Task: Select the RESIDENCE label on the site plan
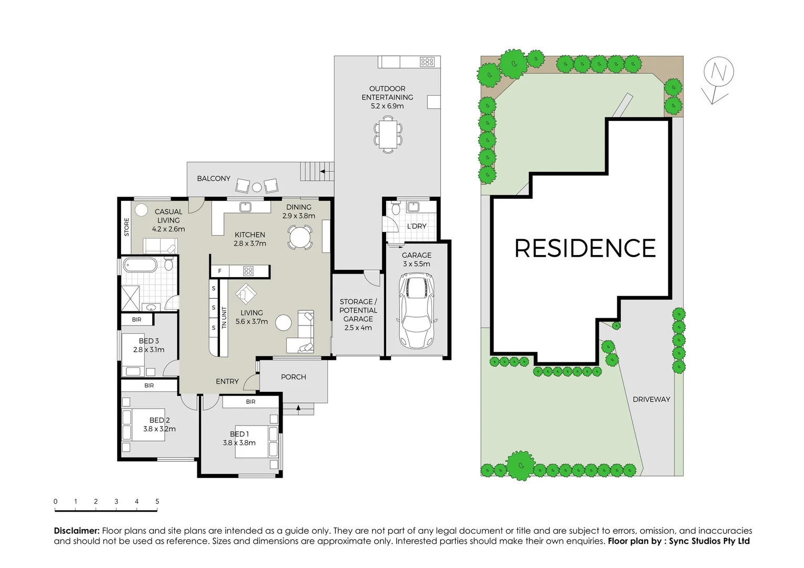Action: coord(585,248)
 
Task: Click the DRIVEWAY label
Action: coord(651,399)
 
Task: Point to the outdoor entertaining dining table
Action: coord(388,134)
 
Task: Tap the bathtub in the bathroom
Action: coord(140,265)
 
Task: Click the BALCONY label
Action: coord(214,178)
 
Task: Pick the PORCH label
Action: coord(293,377)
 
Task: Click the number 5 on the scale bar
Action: coord(157,501)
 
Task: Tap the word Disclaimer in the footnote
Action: coord(77,531)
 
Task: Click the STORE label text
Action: coord(126,227)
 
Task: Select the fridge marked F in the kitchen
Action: coord(220,271)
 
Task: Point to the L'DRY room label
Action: coord(416,226)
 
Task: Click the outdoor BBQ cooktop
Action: coord(427,62)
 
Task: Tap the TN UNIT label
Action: coord(224,318)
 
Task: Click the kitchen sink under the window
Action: coord(245,207)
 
